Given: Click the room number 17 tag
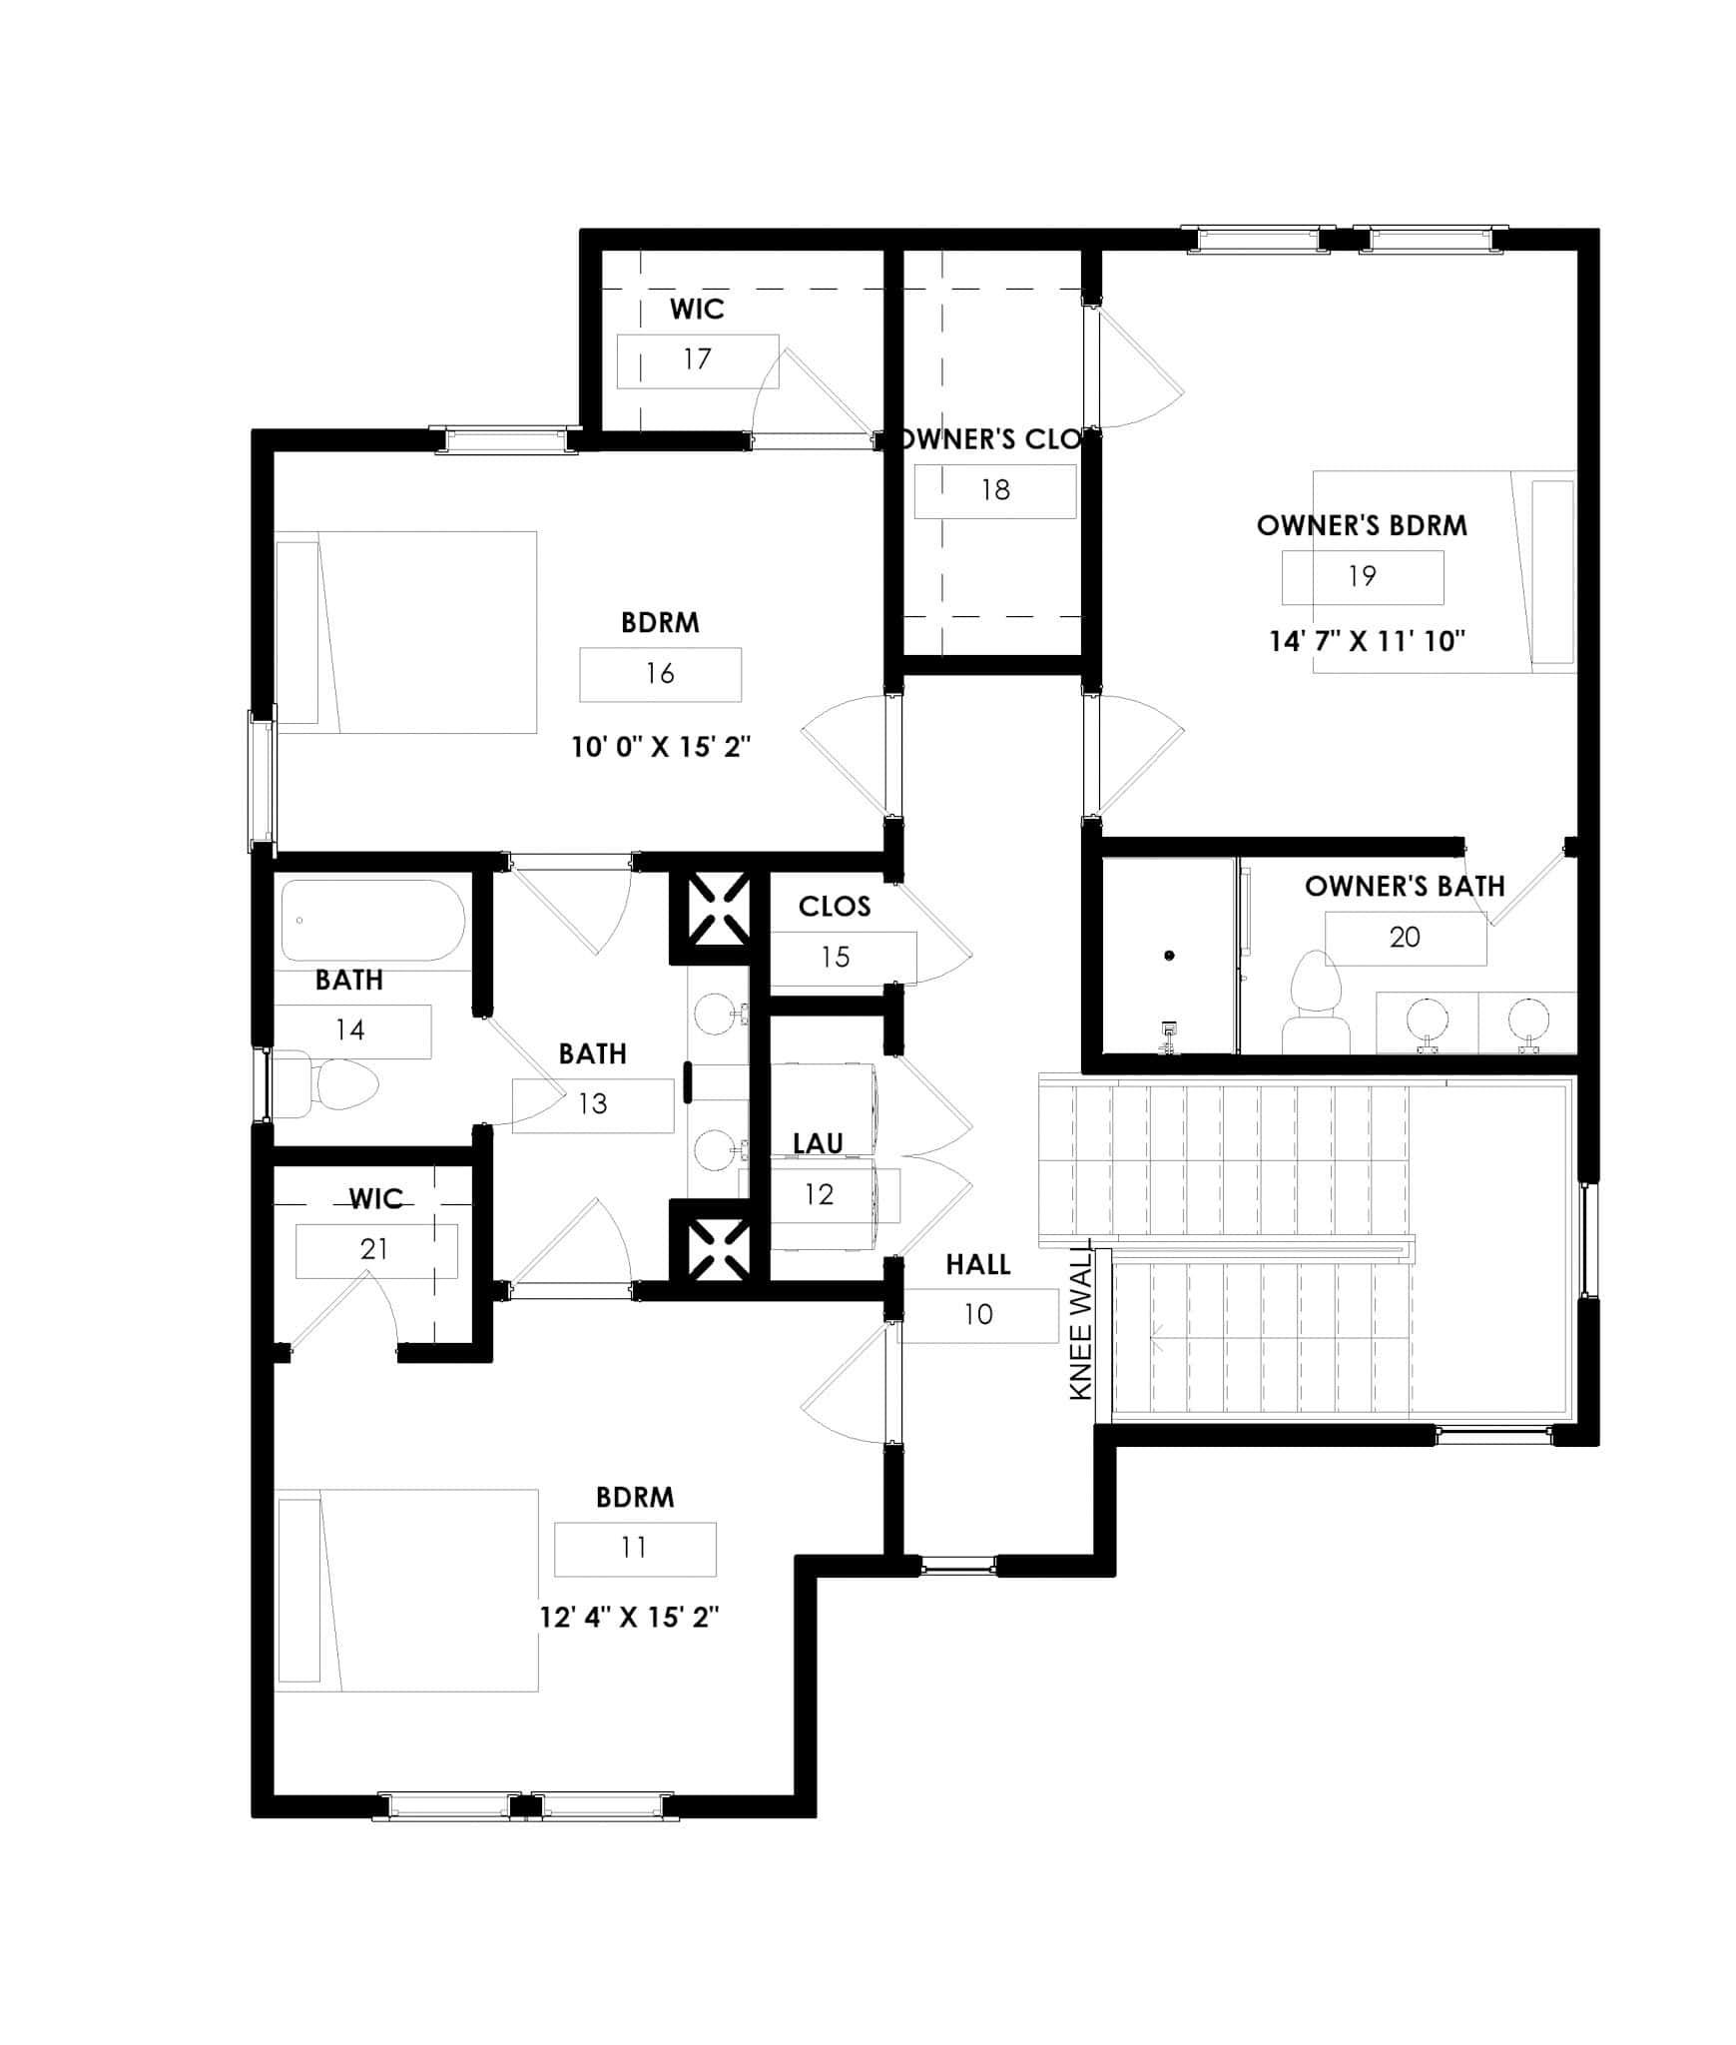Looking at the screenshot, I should [697, 359].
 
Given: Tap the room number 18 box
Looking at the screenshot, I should [995, 490].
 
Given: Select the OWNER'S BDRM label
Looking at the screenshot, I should [1362, 526].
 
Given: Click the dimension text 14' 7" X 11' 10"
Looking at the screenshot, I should [1367, 641].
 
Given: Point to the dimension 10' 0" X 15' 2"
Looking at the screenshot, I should [661, 747].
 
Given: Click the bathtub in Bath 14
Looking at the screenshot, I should [372, 920].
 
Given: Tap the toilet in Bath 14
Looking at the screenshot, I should [325, 1083].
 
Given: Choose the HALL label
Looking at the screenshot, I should [977, 1264].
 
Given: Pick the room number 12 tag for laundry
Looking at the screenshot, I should [819, 1194].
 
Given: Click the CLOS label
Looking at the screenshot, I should [835, 907].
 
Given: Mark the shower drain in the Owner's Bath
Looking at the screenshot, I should [1169, 956].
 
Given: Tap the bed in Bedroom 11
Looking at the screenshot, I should [406, 1591].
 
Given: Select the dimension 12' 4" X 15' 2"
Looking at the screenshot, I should [630, 1618].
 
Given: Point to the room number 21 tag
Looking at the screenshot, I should [375, 1249].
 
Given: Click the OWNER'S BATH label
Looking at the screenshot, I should [1404, 887].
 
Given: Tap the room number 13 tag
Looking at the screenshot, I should [593, 1104].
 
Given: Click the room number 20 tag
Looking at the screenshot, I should [1405, 938].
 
